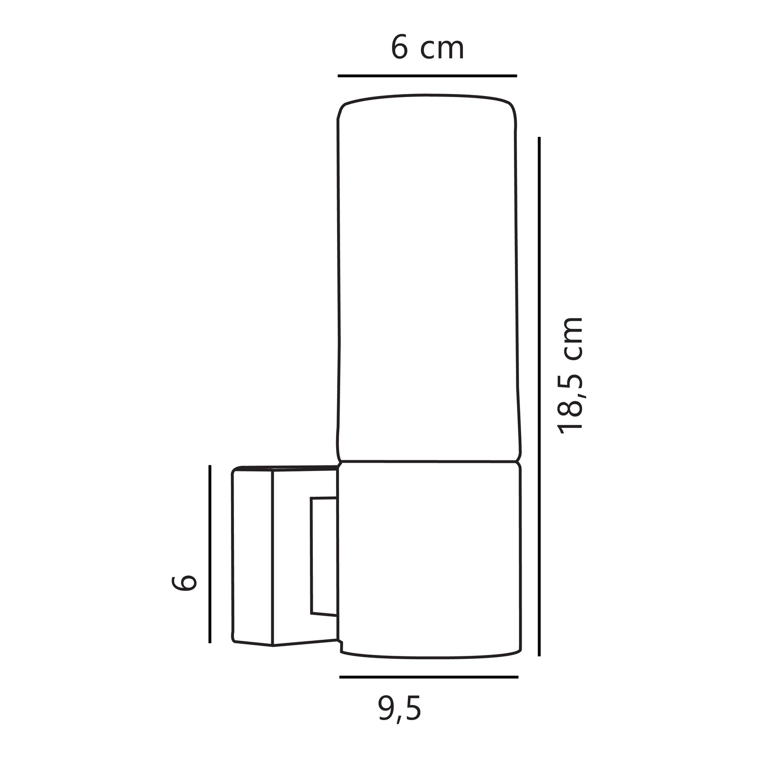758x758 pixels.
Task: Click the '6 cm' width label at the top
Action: coord(428,49)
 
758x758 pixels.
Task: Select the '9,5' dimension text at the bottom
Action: coord(399,709)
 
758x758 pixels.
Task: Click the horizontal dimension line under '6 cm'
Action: coord(428,76)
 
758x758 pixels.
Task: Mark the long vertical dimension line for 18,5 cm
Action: coord(539,397)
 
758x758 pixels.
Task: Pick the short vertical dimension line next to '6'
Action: coord(210,554)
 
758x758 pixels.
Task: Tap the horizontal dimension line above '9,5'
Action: coord(429,677)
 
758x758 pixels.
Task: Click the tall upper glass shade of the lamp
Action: coord(428,278)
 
